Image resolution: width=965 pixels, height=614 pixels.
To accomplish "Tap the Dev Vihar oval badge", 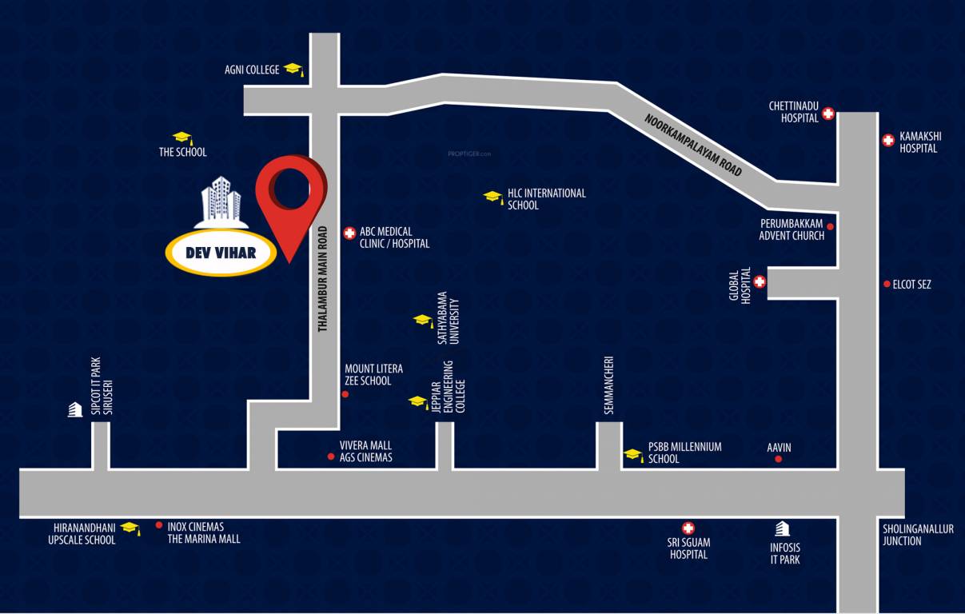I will pos(221,253).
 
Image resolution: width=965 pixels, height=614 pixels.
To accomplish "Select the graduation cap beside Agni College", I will pos(293,70).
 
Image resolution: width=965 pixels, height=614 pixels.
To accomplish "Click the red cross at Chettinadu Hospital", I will pos(828,114).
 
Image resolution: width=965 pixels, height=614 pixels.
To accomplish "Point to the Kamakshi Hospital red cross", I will pos(887,141).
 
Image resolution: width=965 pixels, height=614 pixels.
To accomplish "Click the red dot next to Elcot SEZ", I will pos(887,284).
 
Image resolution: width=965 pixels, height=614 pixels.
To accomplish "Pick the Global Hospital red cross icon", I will pos(760,281).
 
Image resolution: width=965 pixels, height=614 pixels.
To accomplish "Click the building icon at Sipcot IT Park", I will pos(75,409).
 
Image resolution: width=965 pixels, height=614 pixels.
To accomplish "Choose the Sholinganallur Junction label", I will pos(918,535).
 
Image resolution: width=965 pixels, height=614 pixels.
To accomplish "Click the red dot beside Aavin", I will pos(779,459).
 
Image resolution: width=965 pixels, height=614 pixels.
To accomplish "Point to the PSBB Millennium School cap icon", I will pos(633,455).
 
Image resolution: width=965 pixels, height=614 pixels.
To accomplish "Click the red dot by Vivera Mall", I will pos(331,457).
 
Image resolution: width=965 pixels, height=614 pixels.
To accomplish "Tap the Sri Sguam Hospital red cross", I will pos(688,528).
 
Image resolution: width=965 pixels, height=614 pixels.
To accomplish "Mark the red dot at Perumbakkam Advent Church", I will pos(830,226).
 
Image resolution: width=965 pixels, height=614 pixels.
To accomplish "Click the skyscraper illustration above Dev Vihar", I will pos(221,198).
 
